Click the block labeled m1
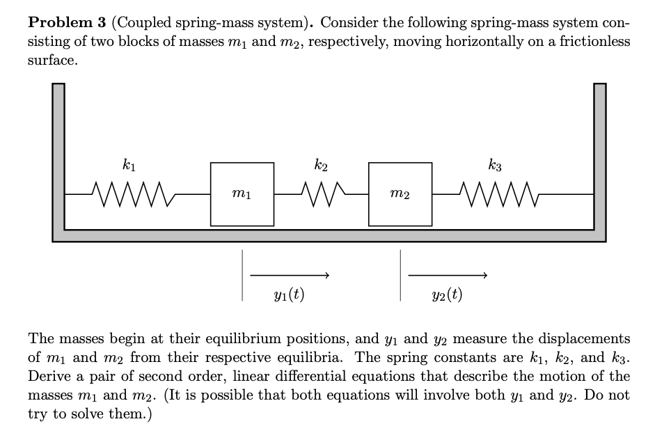coord(242,194)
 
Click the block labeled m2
coord(400,194)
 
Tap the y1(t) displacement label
coord(289,294)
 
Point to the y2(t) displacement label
coord(447,294)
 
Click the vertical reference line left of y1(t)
coord(242,276)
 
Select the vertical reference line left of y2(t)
coord(400,276)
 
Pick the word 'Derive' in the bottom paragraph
coord(49,377)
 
